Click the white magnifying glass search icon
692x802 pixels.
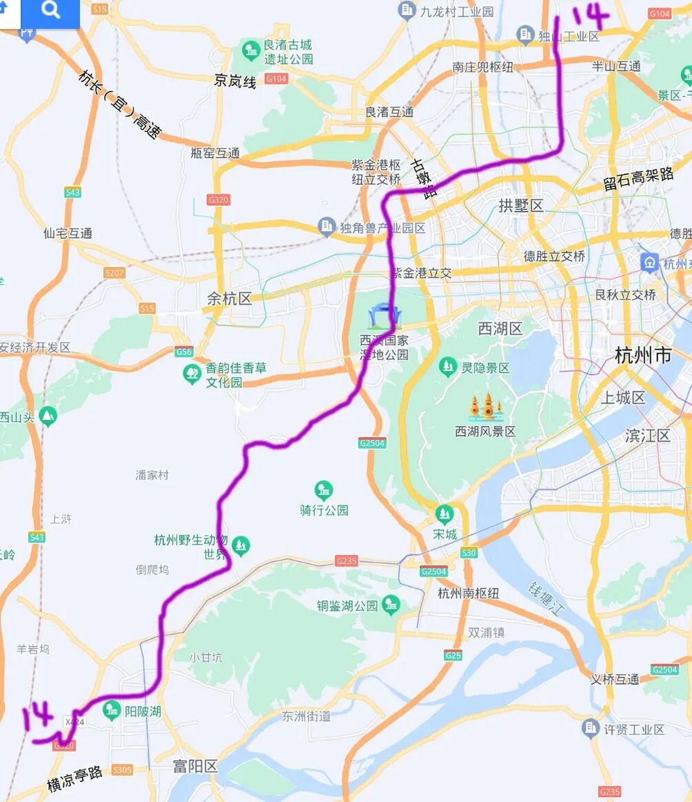coord(50,11)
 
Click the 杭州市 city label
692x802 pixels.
coord(643,356)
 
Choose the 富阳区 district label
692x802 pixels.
coord(195,766)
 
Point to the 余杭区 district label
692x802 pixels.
coord(229,299)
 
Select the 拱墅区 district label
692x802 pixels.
coord(520,206)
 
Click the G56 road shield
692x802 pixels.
coord(183,352)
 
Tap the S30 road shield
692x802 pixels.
coord(468,553)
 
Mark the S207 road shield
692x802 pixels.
coord(115,273)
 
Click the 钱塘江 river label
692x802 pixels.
coord(543,598)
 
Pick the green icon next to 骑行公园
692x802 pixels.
coord(323,489)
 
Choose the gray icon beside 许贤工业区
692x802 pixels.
coord(591,729)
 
